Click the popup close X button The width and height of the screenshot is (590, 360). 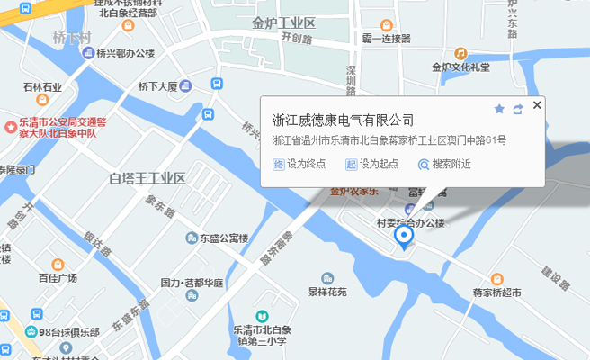tap(537, 105)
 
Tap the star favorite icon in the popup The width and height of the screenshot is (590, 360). tap(499, 109)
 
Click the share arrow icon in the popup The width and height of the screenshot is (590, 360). tap(518, 109)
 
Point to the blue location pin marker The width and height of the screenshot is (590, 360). tap(404, 236)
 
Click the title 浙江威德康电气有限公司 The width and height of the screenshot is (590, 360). tap(343, 120)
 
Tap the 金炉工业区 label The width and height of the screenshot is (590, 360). tap(284, 22)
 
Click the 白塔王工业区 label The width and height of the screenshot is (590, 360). tap(146, 178)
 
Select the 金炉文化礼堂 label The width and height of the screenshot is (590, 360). tap(460, 66)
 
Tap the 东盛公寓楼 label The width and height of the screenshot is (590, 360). tap(223, 238)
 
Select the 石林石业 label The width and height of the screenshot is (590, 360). tap(42, 86)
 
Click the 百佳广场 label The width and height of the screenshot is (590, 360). tap(58, 277)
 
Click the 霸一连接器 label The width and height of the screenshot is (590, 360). tap(386, 39)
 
